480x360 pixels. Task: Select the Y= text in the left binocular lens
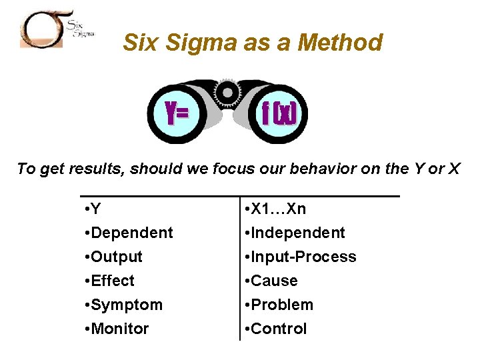(x=177, y=114)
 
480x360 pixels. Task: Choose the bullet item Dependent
(x=131, y=233)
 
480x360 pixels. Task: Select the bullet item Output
(x=117, y=257)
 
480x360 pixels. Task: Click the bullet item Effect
(x=113, y=281)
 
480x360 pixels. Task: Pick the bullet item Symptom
(x=126, y=305)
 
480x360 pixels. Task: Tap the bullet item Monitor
(x=119, y=329)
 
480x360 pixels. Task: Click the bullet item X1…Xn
(x=278, y=209)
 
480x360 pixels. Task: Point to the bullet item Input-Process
(x=303, y=257)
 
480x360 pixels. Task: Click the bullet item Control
(x=279, y=329)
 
